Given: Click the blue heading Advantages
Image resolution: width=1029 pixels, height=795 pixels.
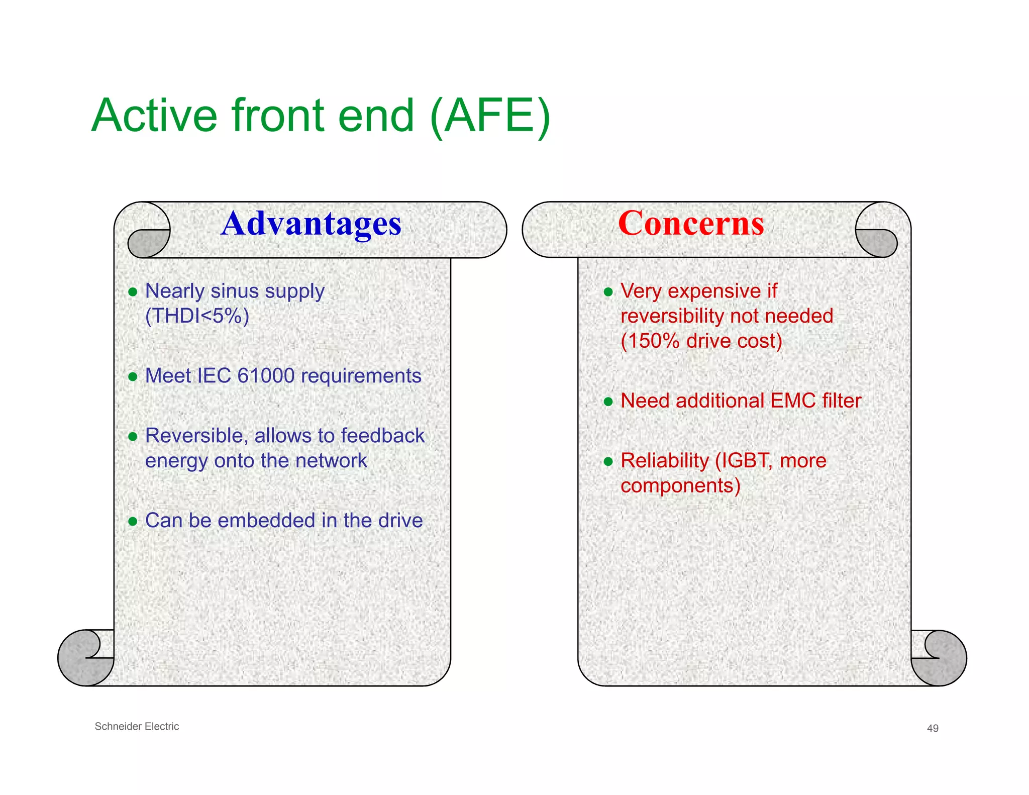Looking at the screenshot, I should click(x=311, y=224).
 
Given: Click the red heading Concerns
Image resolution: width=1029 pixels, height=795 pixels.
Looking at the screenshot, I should click(x=691, y=224).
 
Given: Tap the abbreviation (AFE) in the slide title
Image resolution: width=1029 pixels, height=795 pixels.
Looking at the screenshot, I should click(x=490, y=116).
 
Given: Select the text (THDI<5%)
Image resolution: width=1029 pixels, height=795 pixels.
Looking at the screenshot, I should click(x=197, y=316).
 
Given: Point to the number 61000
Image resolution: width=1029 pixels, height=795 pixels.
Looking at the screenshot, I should click(x=265, y=376).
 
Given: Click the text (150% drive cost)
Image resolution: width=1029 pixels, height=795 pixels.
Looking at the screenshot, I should click(x=701, y=341).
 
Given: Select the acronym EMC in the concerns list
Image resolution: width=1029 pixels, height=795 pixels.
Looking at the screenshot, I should click(x=793, y=401).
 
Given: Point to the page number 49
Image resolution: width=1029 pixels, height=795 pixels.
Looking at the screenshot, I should click(x=933, y=728).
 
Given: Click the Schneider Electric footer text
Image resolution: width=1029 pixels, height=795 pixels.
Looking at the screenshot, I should click(x=137, y=726).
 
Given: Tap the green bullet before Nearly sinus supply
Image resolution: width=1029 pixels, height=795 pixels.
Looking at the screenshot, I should click(x=133, y=292).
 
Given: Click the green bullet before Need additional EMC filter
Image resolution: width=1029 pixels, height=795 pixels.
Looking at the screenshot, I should click(x=608, y=402).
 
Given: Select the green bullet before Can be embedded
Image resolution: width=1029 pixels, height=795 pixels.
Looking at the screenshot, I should click(x=133, y=521).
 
